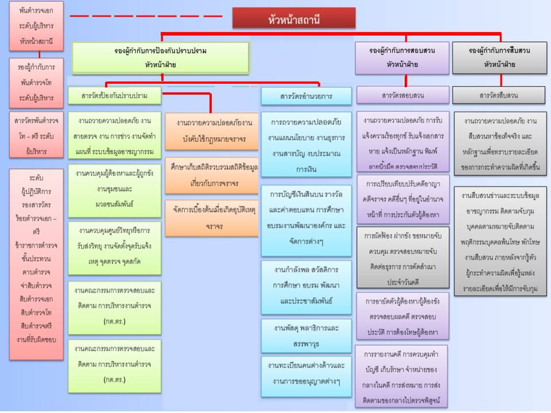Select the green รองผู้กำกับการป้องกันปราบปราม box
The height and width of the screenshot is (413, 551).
pyautogui.click(x=161, y=57)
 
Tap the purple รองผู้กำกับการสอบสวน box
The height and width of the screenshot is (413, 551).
pyautogui.click(x=402, y=57)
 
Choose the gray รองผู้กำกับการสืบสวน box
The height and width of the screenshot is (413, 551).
pyautogui.click(x=499, y=57)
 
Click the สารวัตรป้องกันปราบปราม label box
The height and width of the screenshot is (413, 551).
pyautogui.click(x=114, y=96)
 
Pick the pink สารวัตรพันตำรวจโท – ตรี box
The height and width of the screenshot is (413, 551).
pyautogui.click(x=36, y=136)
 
